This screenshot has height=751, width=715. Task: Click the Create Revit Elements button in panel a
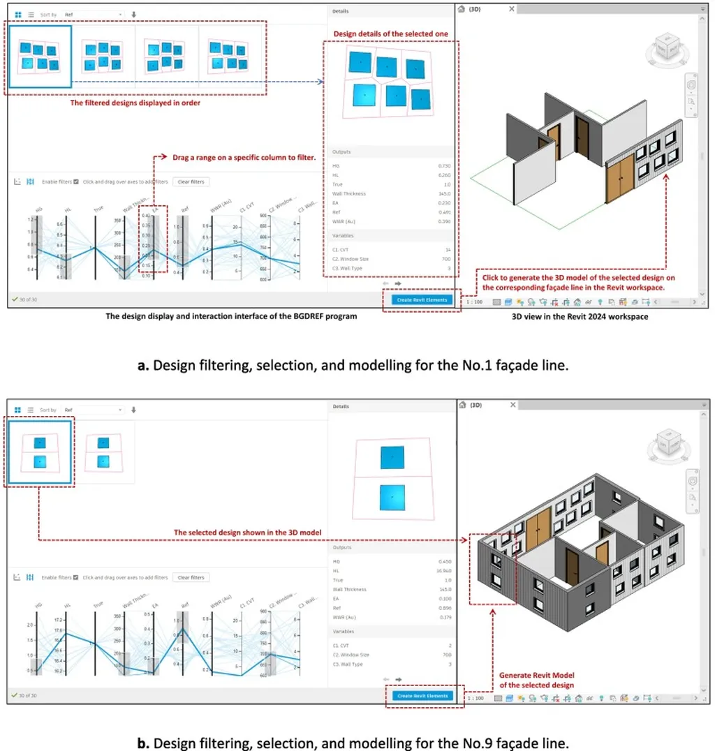tap(422, 299)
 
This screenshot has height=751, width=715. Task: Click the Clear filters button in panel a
tap(191, 181)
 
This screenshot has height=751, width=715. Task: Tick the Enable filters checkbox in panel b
tap(75, 577)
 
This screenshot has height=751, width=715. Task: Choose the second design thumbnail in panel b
tap(103, 452)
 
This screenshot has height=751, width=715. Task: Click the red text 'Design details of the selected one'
tap(390, 34)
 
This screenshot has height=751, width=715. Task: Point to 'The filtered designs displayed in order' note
tap(135, 103)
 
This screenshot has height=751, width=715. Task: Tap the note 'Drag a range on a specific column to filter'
tap(244, 157)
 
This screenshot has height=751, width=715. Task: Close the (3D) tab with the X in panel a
tap(512, 9)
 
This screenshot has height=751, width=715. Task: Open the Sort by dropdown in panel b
tap(92, 410)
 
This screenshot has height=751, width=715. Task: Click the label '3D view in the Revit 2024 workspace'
tap(580, 316)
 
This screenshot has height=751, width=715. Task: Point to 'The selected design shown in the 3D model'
tap(247, 533)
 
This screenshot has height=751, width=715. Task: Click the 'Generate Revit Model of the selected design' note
tap(536, 680)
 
